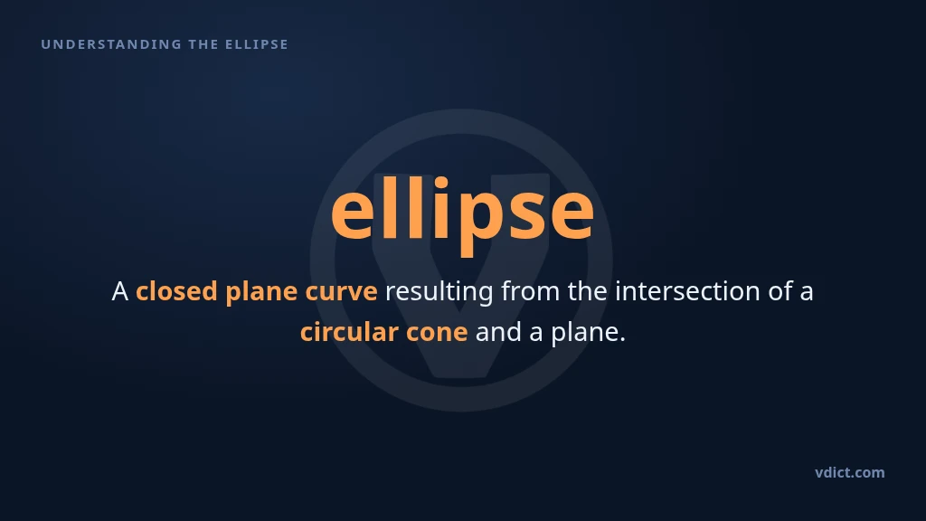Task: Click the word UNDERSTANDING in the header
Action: click(111, 44)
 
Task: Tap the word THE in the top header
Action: click(203, 44)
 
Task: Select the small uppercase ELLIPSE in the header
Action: click(256, 44)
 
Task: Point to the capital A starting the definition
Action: click(120, 291)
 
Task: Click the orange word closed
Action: click(176, 291)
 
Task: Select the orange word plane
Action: click(261, 292)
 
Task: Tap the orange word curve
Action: click(341, 292)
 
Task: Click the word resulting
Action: click(439, 292)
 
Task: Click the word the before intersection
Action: click(588, 291)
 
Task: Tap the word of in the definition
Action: click(780, 291)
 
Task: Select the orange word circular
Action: click(349, 332)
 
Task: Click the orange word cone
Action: click(437, 333)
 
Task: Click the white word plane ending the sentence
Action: click(585, 333)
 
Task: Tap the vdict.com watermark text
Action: click(849, 472)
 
